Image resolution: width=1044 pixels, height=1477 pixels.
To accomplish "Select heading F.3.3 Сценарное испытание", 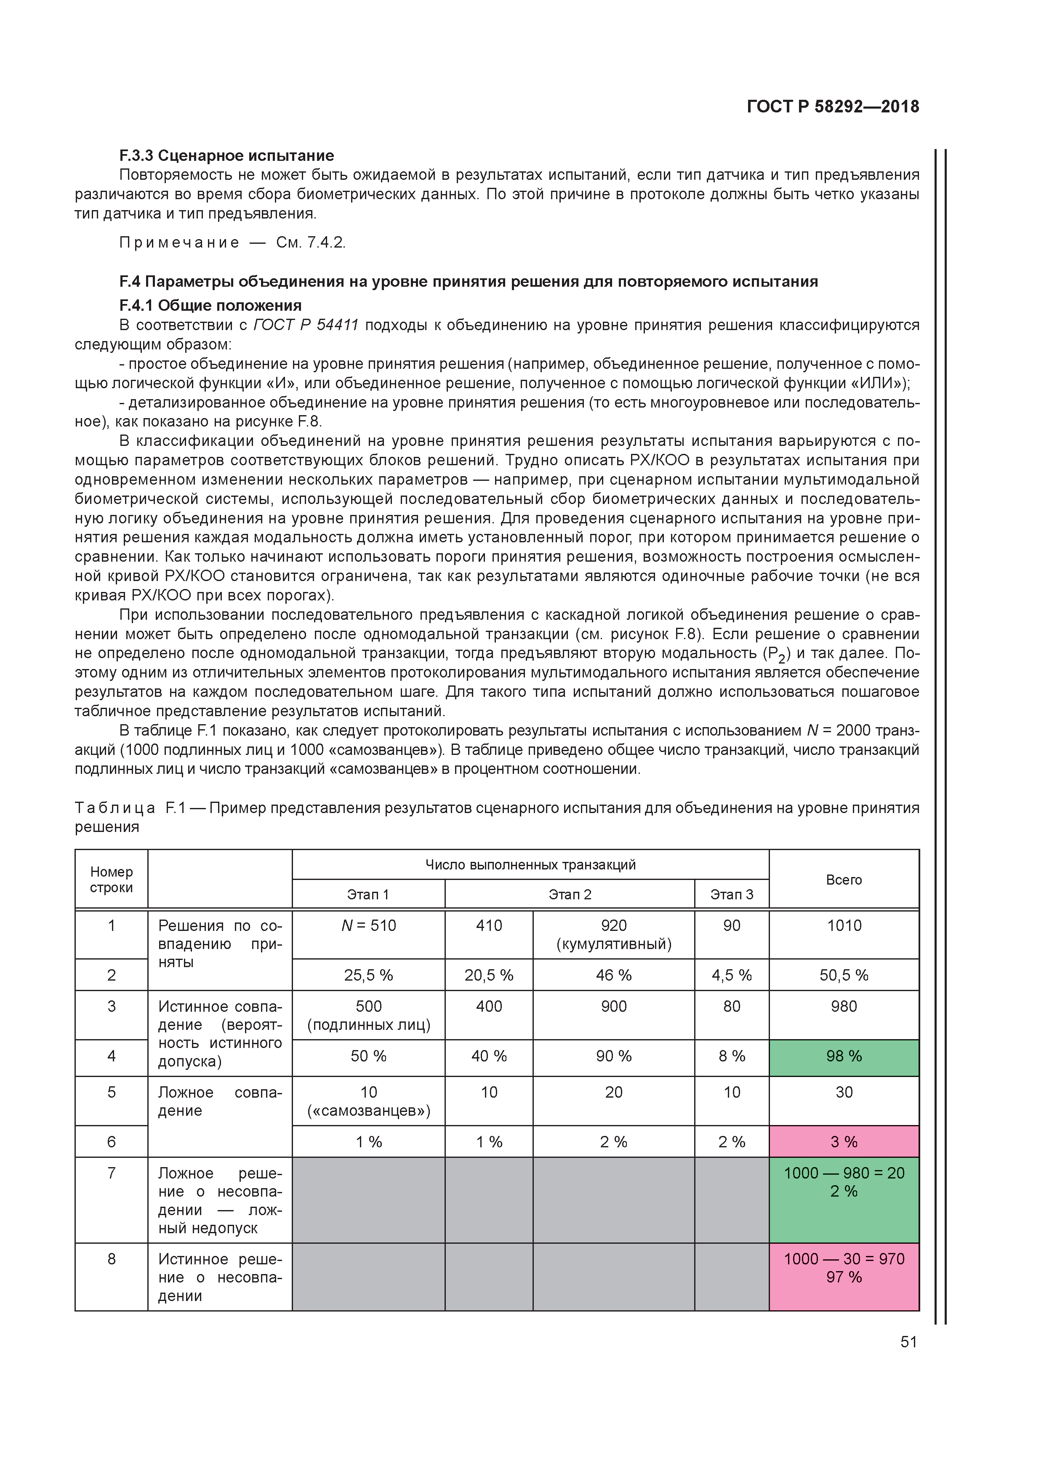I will point(226,156).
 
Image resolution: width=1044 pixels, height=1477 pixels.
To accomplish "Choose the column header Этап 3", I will point(731,894).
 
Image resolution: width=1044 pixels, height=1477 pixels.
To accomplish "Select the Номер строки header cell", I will point(111,880).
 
